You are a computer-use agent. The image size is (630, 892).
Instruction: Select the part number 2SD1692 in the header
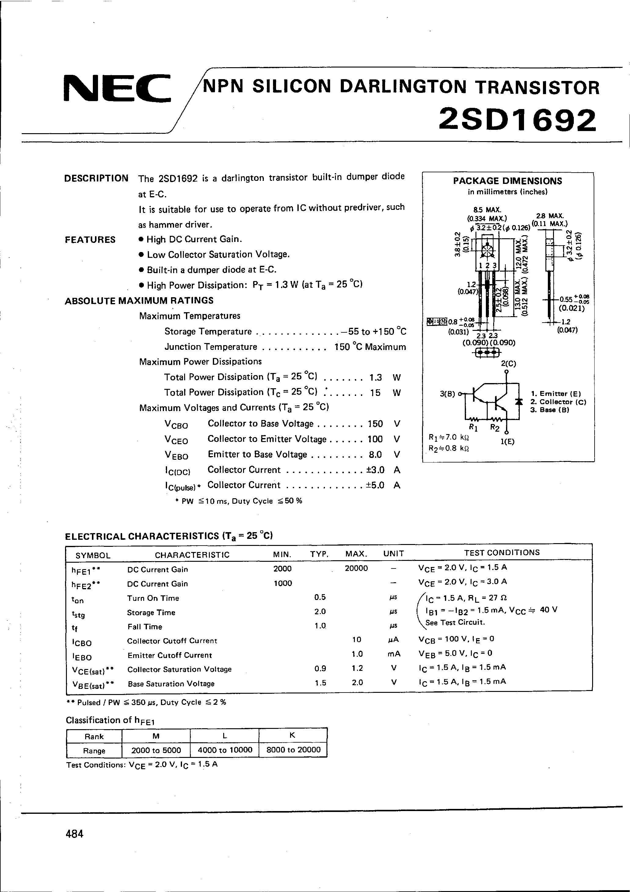tap(517, 120)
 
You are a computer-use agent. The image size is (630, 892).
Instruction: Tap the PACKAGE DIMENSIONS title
tap(507, 181)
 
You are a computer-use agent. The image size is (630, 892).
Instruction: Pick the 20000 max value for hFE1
tap(356, 568)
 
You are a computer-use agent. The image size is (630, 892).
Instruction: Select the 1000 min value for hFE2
tap(282, 583)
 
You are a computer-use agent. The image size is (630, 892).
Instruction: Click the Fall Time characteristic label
tap(144, 627)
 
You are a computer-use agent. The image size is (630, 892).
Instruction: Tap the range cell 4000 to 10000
tap(225, 750)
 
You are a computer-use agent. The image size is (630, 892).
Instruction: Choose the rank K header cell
tap(293, 735)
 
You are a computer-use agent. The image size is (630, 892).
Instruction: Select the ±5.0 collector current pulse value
tap(375, 485)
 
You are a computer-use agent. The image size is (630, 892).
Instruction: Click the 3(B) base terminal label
tap(447, 393)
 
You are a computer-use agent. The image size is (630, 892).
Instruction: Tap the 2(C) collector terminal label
tap(508, 364)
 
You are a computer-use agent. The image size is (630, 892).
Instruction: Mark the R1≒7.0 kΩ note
tap(449, 437)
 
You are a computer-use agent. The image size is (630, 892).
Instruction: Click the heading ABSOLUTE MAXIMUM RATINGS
tap(139, 301)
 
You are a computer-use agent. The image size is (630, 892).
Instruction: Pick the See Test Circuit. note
tap(455, 622)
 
